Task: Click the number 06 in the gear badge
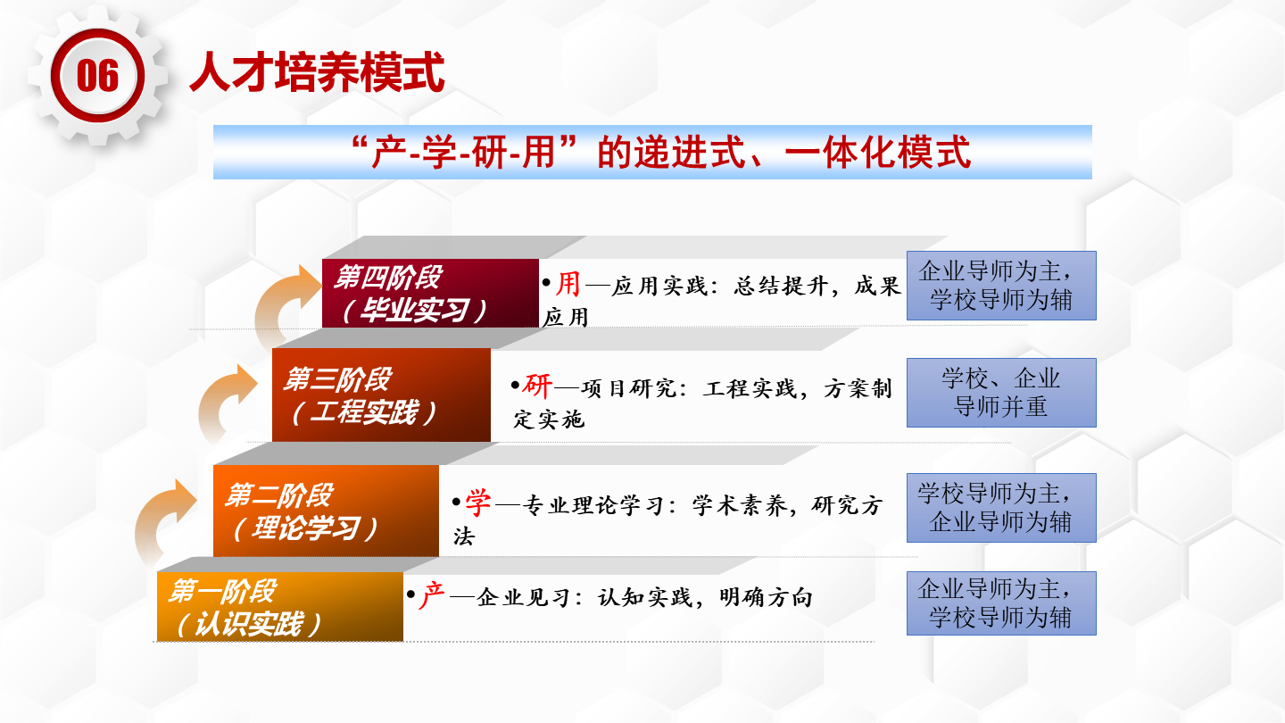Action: (97, 75)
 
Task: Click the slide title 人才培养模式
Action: (317, 72)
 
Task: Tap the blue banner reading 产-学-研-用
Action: (652, 152)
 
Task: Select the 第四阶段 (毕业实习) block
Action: (430, 293)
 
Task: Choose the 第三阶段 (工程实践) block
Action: (382, 395)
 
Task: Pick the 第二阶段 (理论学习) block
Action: (326, 511)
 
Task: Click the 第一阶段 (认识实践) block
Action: (280, 607)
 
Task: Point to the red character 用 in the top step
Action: (568, 284)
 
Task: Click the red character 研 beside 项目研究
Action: (537, 386)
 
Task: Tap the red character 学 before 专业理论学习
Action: (478, 503)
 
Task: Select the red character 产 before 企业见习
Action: (431, 595)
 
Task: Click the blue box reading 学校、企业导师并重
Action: (1001, 393)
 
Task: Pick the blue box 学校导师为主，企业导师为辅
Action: (1001, 508)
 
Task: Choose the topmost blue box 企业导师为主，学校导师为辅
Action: (1001, 286)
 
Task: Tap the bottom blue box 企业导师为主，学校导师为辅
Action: (1001, 603)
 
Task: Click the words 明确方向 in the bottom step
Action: (767, 598)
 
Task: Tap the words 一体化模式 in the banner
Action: (878, 153)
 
